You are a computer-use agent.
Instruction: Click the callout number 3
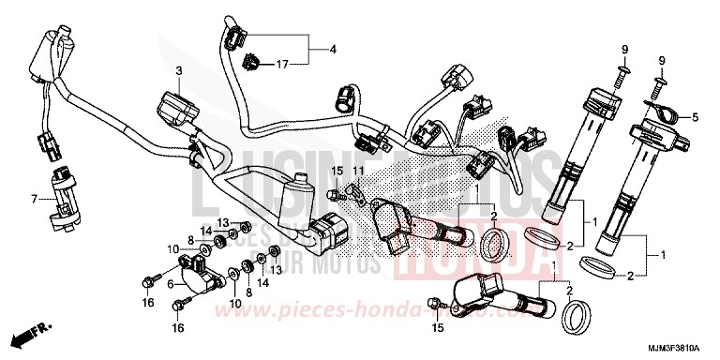pyautogui.click(x=177, y=70)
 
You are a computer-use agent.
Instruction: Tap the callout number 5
pyautogui.click(x=695, y=118)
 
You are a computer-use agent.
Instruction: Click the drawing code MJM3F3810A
pyautogui.click(x=677, y=349)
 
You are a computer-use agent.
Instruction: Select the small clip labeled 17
pyautogui.click(x=250, y=63)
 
